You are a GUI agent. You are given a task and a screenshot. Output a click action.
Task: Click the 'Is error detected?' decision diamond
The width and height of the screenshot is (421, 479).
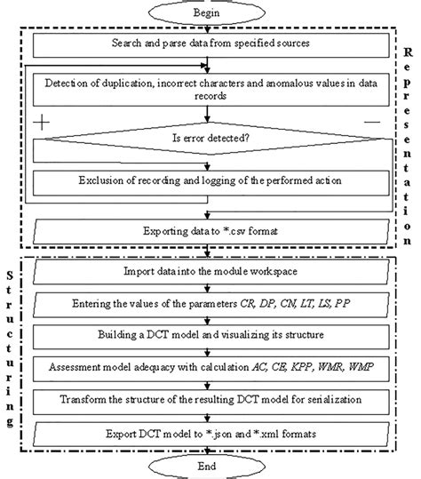click(x=210, y=139)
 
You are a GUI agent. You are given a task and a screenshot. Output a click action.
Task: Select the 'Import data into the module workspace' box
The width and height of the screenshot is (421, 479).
click(x=210, y=268)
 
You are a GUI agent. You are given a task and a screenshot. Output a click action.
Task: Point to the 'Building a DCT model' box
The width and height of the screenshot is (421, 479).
click(x=210, y=338)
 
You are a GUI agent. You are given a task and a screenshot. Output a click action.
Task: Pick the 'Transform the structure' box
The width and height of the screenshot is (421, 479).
click(x=210, y=400)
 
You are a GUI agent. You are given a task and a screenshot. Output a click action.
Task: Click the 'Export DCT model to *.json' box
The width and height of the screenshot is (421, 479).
click(x=210, y=435)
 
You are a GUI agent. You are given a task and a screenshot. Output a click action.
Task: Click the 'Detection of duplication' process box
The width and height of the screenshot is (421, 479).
click(x=210, y=91)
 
